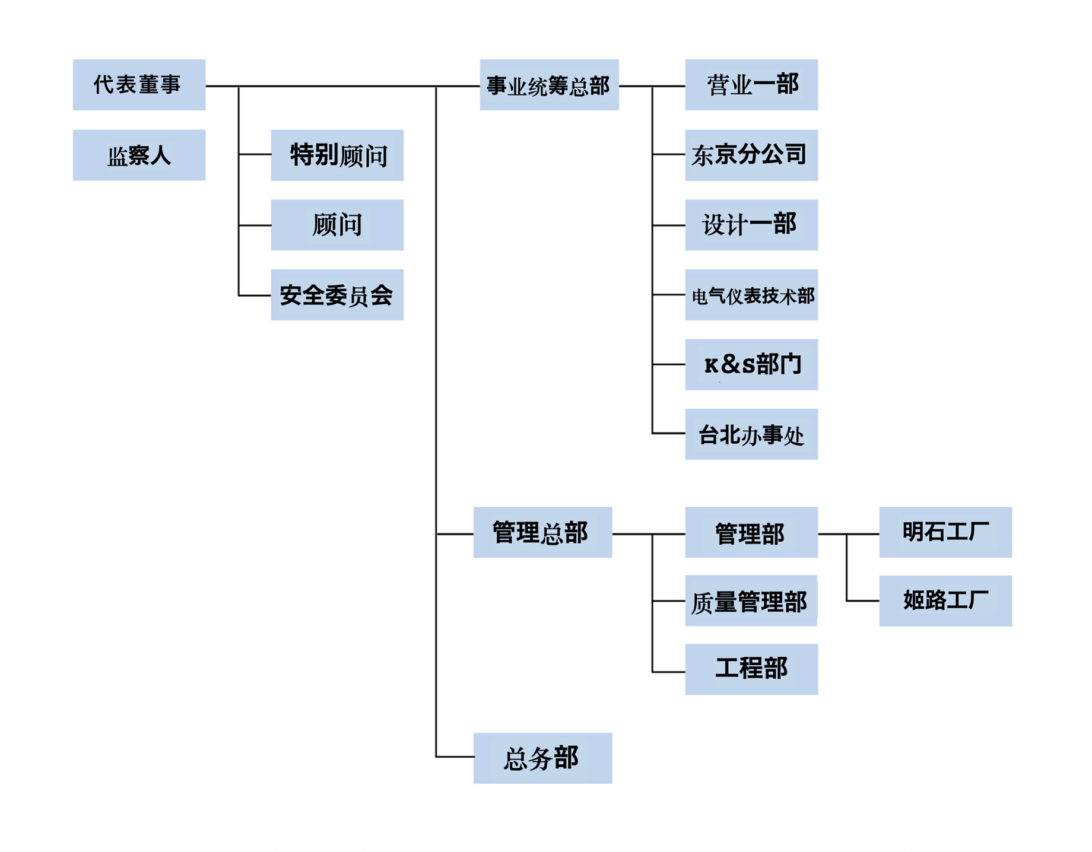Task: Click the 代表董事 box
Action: point(139,84)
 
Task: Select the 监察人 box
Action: point(139,155)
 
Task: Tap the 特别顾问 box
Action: point(337,155)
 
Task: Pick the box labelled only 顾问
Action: point(337,225)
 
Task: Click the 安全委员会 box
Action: point(337,295)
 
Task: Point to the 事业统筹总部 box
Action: point(548,84)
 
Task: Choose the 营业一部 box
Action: point(751,84)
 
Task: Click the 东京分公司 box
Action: point(751,155)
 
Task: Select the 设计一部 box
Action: point(751,225)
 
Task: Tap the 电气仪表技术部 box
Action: point(751,295)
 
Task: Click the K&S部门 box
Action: point(751,364)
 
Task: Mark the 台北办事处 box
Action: point(751,434)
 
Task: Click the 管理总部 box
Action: point(542,532)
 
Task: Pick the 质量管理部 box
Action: point(751,600)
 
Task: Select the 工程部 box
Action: point(751,669)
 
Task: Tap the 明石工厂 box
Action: point(945,532)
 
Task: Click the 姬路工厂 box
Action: point(945,600)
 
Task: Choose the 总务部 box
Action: point(542,758)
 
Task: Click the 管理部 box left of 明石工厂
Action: point(751,532)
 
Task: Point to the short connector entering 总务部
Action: point(455,756)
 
